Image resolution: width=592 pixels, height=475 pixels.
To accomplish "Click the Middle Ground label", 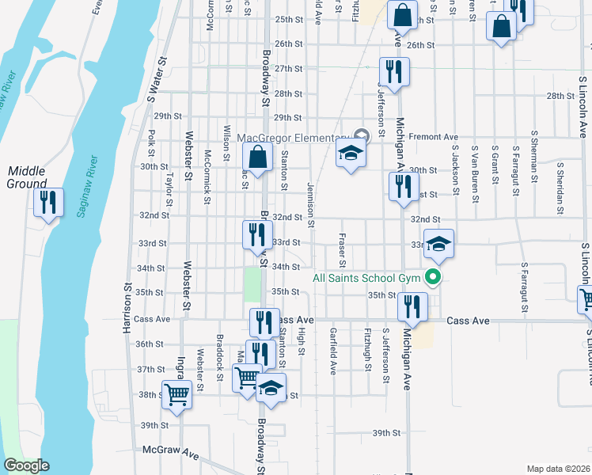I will pos(27,177).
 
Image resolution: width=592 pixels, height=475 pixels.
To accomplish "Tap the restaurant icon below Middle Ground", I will pos(49,203).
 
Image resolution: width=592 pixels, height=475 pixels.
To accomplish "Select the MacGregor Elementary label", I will pos(293,138).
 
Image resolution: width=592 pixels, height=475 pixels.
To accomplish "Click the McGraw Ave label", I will pos(170,450).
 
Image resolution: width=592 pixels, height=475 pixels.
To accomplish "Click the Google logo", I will pos(26,465).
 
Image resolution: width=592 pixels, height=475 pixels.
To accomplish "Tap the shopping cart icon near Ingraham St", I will pos(176,393).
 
